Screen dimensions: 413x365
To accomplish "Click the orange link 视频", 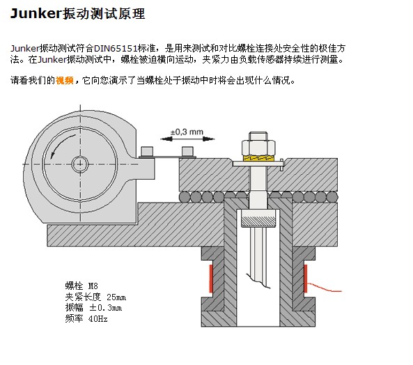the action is coord(64,80).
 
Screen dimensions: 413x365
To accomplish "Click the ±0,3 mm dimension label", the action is coord(187,132).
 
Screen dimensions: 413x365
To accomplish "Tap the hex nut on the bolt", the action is coord(258,148).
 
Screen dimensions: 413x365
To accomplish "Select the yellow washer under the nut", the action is coord(258,158).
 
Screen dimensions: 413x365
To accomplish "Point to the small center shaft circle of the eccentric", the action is coord(80,164).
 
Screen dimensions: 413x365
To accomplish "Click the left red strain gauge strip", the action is coord(211,279).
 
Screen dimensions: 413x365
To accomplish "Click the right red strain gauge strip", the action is coord(306,279).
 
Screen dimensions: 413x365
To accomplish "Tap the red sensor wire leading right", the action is coord(325,288).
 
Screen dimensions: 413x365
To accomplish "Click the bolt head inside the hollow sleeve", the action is coord(258,218).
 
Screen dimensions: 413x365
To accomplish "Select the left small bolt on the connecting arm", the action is coord(147,151).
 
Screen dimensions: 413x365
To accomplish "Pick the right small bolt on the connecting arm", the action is coord(187,151).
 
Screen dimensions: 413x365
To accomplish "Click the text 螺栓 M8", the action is coord(81,286).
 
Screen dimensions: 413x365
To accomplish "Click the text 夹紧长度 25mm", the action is coord(95,297).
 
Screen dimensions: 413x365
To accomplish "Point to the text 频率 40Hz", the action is coord(86,318).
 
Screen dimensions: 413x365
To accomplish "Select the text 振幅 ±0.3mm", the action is coord(93,308).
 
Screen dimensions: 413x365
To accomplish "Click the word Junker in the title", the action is coord(36,14).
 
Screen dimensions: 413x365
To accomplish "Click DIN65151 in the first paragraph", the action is coord(116,49).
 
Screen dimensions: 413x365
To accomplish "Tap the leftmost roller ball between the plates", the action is coord(185,196).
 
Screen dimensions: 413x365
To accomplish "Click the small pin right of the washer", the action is coord(281,164).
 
